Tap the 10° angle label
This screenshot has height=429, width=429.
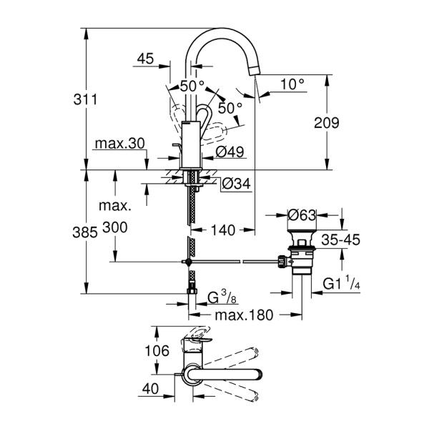[292, 84]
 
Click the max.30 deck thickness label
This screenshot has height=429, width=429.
[119, 144]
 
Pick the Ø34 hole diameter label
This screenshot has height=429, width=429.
[235, 184]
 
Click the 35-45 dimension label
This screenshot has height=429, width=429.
[340, 241]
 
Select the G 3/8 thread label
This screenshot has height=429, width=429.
[223, 297]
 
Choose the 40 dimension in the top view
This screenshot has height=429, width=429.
[152, 389]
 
